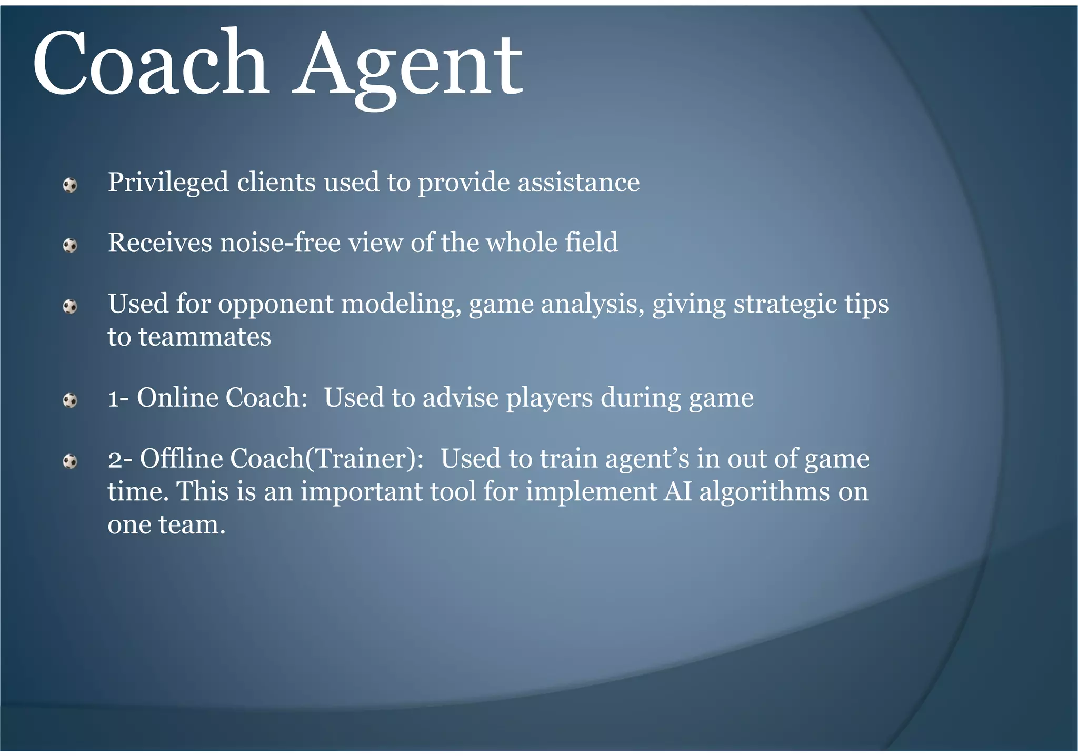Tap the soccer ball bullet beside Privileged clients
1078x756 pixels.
70,185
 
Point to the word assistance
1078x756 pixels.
578,183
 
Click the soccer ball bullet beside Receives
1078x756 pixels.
70,246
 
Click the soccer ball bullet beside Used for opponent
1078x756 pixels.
70,307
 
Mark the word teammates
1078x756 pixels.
205,337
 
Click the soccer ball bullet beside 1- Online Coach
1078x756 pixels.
70,401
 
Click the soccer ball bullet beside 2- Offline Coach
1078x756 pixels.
70,462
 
